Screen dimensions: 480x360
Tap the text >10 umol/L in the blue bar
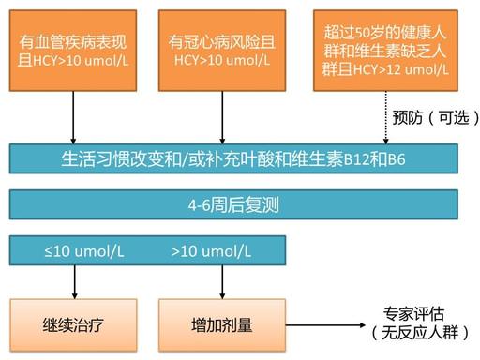click(212, 251)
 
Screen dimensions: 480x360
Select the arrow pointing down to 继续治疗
click(72, 281)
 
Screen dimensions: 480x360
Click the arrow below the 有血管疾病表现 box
click(72, 117)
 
